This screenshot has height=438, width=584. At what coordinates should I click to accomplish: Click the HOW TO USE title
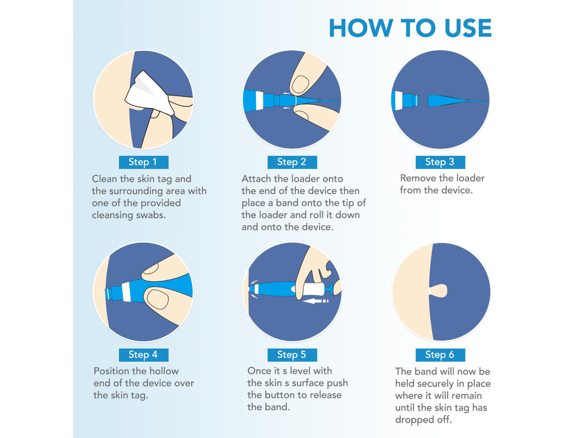pos(410,28)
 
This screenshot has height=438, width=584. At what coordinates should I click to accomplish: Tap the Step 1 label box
pos(144,162)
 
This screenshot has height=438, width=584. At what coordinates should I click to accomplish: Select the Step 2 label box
pos(292,162)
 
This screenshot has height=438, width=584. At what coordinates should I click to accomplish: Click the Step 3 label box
pos(440,162)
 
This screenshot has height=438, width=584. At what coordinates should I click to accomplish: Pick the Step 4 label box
pos(144,355)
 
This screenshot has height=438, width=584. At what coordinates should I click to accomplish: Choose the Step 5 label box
pos(292,355)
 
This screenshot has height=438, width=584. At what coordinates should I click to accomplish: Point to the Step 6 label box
pos(440,355)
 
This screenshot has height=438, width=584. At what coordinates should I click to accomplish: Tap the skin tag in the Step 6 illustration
pos(438,291)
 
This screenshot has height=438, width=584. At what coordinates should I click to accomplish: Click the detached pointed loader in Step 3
pos(457,101)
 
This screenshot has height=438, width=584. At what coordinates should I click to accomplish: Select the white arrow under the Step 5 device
pos(315,301)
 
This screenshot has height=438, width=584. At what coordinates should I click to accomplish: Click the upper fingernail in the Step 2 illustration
pos(300,85)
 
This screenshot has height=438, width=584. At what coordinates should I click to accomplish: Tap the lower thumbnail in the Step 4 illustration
pos(158,300)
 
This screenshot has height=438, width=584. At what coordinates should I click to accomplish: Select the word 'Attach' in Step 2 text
pos(256,179)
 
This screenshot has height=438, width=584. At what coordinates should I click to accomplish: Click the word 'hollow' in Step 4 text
pos(164,371)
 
